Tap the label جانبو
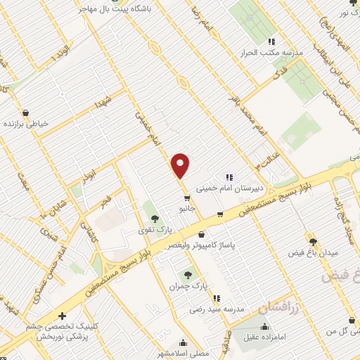186,209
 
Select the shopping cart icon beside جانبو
186,198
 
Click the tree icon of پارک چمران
188,275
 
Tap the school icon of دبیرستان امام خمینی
229,176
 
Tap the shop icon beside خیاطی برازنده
26,112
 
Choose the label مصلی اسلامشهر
183,354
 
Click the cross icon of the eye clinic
63,316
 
